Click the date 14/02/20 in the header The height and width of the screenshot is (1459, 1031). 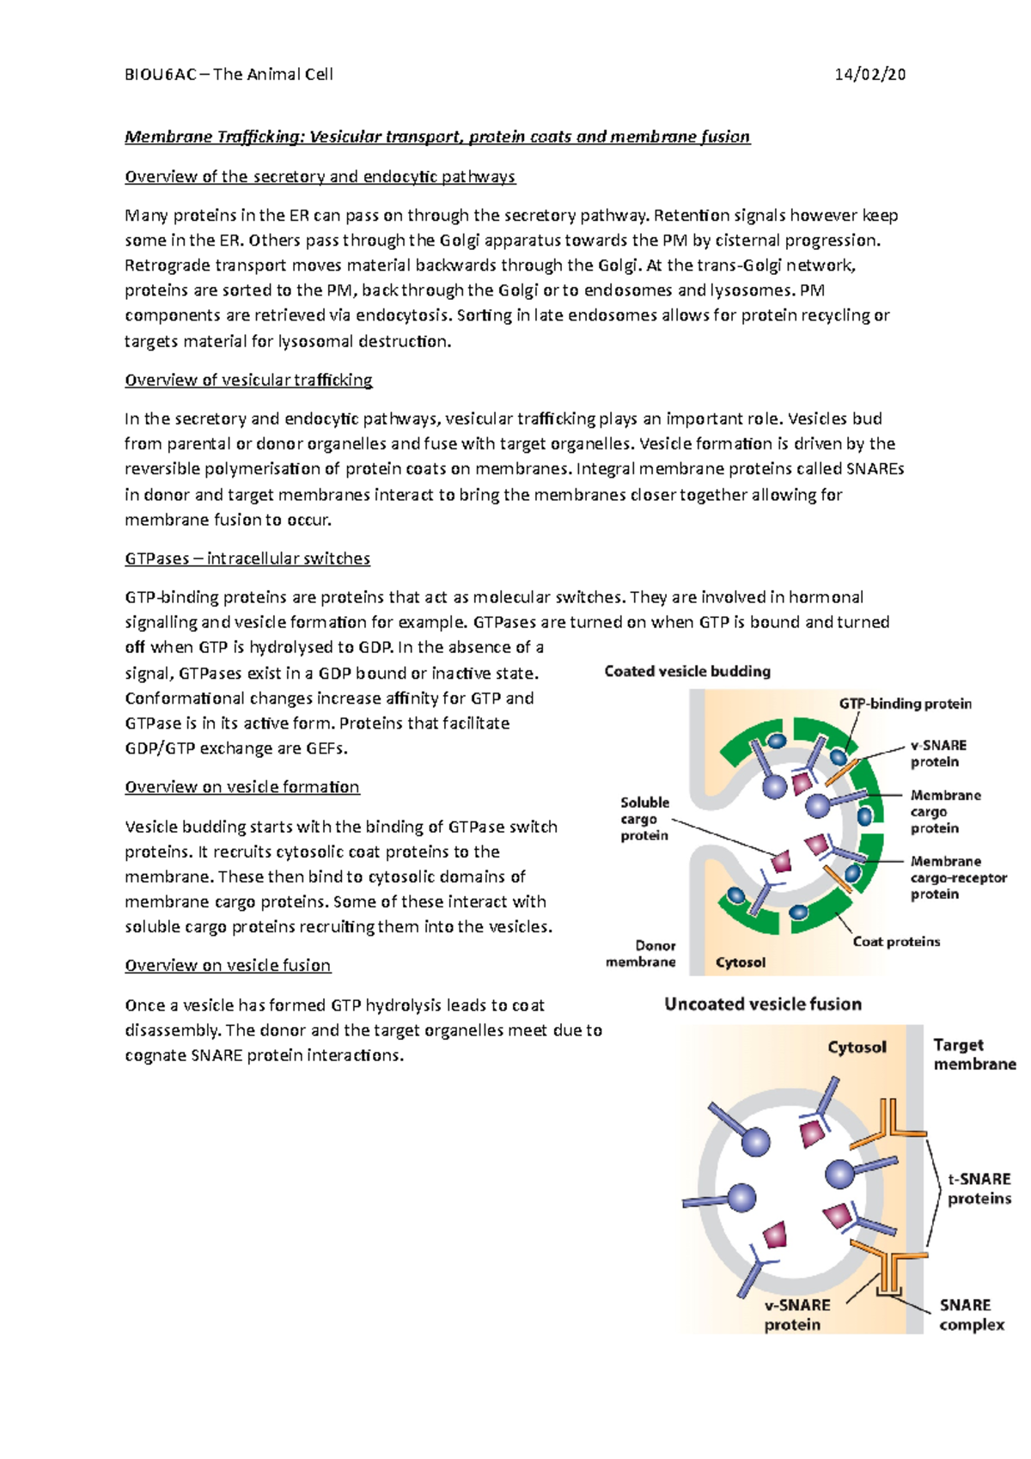[x=869, y=74]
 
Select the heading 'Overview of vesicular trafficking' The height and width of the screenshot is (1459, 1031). [x=248, y=380]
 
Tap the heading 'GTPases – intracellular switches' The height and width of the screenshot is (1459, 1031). [x=247, y=559]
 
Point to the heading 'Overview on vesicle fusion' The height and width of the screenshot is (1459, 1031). [x=228, y=965]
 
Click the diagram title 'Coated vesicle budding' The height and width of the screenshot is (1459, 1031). [x=686, y=671]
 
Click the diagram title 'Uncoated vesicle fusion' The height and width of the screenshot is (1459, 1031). [x=762, y=1004]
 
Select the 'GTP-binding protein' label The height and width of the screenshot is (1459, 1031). [x=905, y=704]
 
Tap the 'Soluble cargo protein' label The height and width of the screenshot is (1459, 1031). [x=644, y=818]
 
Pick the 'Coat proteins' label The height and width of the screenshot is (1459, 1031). [x=896, y=942]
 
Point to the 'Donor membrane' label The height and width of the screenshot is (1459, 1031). [x=642, y=954]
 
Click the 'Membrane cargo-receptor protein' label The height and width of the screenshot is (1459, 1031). [x=958, y=877]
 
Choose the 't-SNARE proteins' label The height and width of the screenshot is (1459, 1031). [x=979, y=1188]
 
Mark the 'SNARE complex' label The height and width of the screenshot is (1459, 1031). [x=971, y=1315]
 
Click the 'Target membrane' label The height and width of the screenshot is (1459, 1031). [x=973, y=1054]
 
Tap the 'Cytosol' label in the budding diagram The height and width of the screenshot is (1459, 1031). [x=740, y=962]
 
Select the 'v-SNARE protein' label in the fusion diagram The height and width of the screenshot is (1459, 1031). [x=796, y=1315]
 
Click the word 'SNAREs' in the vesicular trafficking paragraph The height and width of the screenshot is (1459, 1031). [x=875, y=469]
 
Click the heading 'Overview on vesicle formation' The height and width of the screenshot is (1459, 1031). [x=241, y=787]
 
